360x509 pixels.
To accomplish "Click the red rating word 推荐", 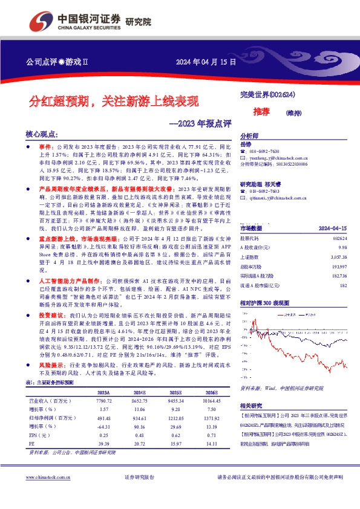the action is point(261,111).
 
